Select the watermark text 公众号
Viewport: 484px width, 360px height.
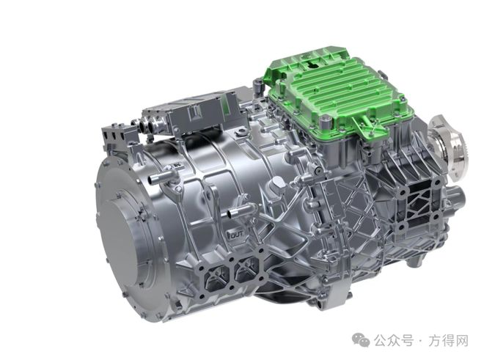[x=394, y=341]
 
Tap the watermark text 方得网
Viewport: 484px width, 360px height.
[x=448, y=341]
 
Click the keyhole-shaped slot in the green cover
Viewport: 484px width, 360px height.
[x=312, y=65]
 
